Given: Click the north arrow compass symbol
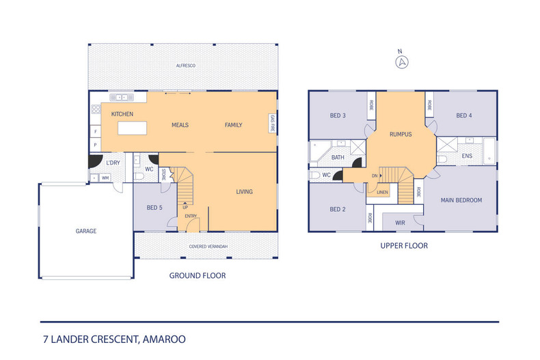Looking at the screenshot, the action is click(x=401, y=62).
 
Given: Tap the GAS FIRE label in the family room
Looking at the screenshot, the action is click(x=273, y=123).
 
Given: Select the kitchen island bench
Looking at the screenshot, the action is click(x=132, y=128).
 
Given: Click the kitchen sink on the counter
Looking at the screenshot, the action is click(x=122, y=98).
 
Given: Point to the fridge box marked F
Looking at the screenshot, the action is click(x=96, y=131).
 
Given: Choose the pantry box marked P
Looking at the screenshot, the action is click(x=96, y=145).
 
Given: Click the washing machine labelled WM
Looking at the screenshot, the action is click(x=105, y=178).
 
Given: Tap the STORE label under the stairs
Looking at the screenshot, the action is click(x=163, y=174).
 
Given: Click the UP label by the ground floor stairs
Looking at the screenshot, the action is click(x=185, y=207).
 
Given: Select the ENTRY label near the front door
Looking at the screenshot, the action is click(x=191, y=216).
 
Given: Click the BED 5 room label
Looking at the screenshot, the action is click(x=154, y=208).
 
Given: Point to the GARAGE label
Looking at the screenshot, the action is click(x=86, y=231).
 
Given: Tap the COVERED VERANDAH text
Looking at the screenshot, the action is click(x=208, y=247).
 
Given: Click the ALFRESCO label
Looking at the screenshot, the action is click(x=186, y=66).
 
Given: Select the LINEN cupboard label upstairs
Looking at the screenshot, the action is click(x=382, y=193).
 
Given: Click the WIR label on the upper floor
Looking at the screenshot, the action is click(x=400, y=223).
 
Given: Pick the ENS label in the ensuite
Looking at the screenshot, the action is click(x=467, y=156).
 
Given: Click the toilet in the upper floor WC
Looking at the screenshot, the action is click(x=314, y=175).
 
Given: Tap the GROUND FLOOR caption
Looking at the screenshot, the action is click(x=198, y=276).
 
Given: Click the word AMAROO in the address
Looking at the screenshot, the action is click(x=164, y=340).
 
